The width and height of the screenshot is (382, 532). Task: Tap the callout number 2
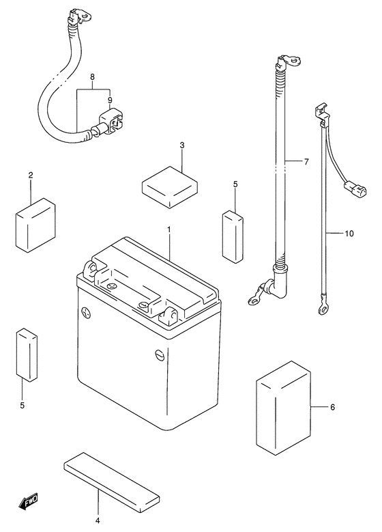(x=31, y=176)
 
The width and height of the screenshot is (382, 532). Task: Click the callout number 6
(x=332, y=408)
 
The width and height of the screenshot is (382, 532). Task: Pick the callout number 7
(x=307, y=162)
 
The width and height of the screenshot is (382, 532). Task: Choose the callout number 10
(x=349, y=234)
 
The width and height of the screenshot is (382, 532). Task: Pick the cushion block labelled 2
(x=34, y=224)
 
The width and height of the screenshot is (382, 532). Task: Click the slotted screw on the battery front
(x=159, y=354)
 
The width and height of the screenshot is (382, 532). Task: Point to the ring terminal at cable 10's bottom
(x=322, y=311)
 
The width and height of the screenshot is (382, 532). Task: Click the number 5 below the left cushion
(x=22, y=406)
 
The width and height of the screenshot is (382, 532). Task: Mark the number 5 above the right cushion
(x=235, y=184)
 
